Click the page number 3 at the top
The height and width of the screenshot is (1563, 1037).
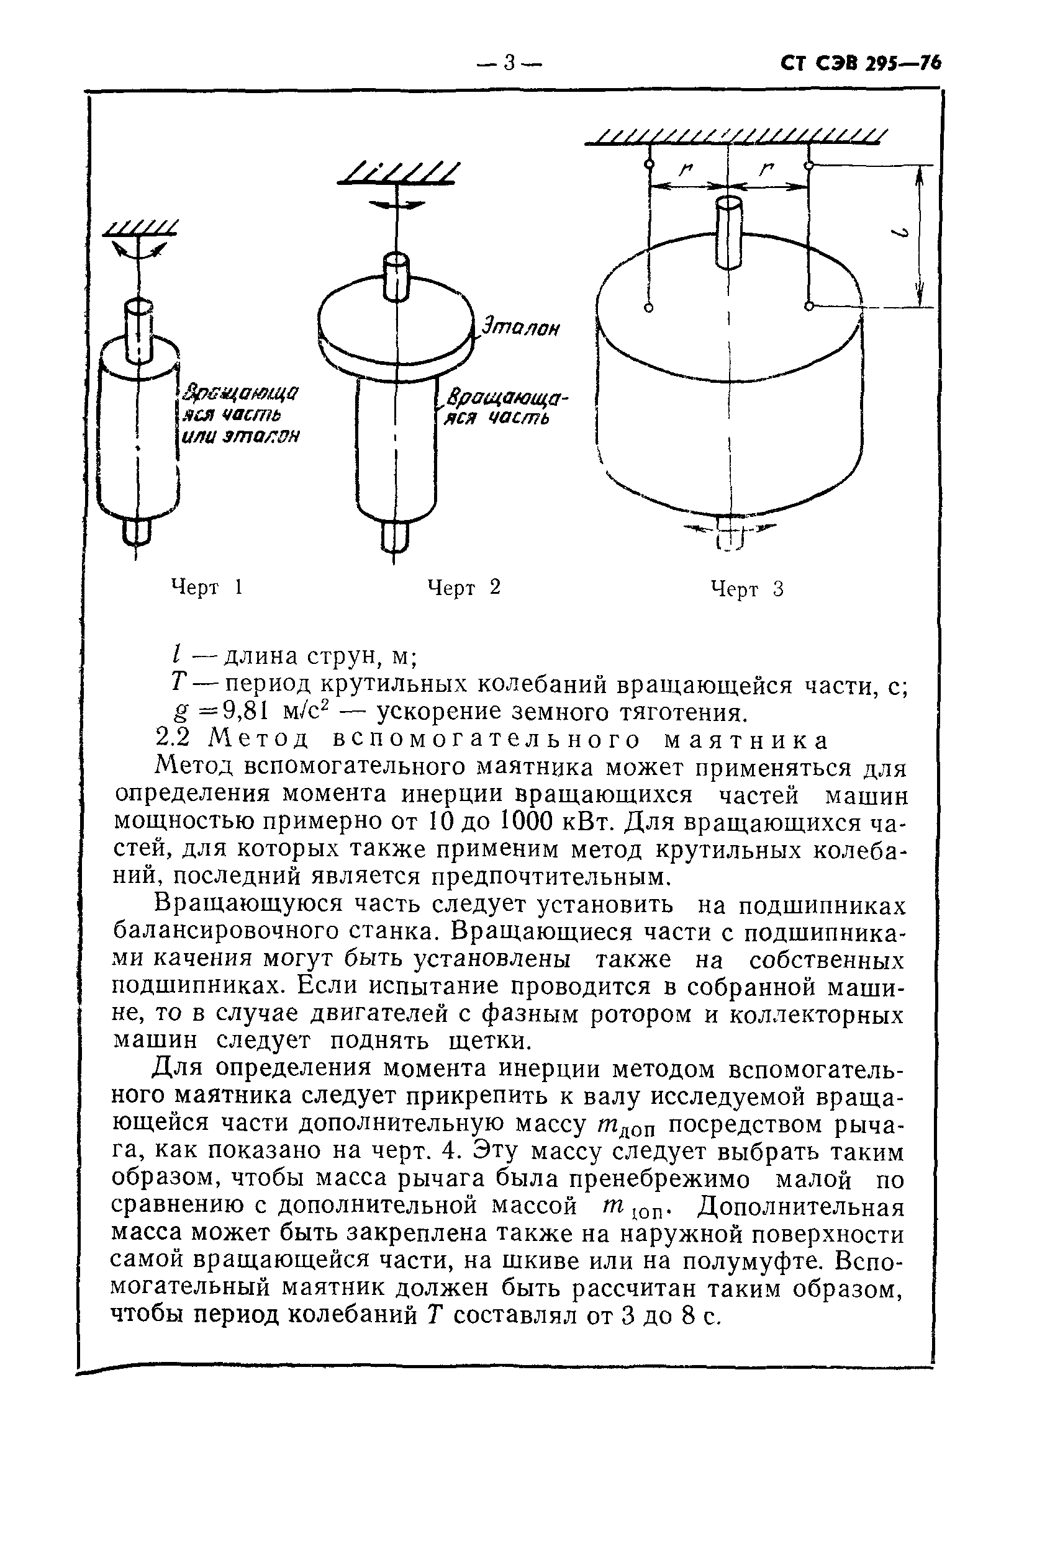click(x=509, y=63)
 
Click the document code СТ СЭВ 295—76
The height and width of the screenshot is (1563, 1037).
click(x=860, y=63)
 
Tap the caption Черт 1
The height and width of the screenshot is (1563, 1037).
click(x=207, y=587)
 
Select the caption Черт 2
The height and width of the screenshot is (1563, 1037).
click(x=464, y=587)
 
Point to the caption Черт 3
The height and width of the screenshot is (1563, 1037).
click(x=746, y=588)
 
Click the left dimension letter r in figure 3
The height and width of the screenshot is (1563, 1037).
click(x=685, y=171)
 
